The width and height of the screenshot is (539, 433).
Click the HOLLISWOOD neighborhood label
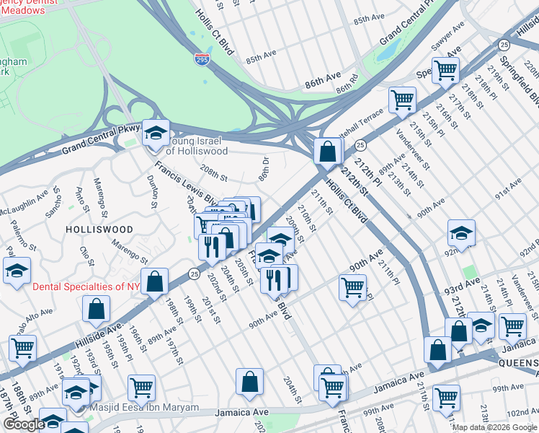click(x=99, y=229)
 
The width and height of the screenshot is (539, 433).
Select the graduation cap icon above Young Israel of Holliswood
click(x=156, y=133)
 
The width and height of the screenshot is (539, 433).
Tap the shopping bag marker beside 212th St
click(x=328, y=152)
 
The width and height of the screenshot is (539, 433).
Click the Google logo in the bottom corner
click(x=24, y=424)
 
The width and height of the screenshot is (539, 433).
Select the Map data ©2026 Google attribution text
click(x=494, y=427)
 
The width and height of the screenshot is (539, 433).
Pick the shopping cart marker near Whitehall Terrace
click(x=402, y=100)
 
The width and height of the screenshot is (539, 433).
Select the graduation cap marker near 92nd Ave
click(x=461, y=233)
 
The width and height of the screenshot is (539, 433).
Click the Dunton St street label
click(x=152, y=191)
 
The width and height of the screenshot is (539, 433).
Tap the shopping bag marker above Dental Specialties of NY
click(x=154, y=282)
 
